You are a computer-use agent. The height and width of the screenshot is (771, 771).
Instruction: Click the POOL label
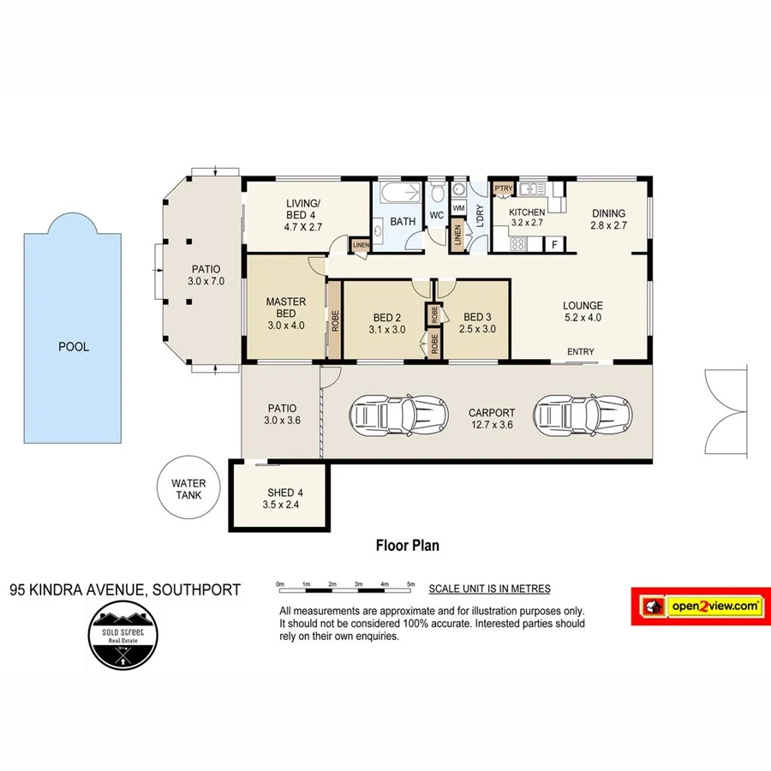coord(74,347)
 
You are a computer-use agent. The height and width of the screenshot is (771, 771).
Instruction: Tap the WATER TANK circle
coord(188,489)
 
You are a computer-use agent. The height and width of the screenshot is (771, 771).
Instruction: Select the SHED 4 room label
coord(280,498)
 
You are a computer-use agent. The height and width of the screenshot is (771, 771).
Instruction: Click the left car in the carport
coord(399,417)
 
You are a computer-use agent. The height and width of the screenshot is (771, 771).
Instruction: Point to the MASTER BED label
coord(285,313)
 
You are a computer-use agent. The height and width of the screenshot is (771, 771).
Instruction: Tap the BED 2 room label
coord(386,322)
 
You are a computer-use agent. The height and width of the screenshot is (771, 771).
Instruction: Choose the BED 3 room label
coord(477,322)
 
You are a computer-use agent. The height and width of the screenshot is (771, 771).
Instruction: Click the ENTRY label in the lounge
coord(580,352)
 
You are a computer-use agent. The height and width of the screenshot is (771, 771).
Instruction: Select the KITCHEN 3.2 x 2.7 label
coord(527,218)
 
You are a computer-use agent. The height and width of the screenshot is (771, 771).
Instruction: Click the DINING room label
coord(607,219)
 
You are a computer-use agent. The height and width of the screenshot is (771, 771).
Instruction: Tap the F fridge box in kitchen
coord(555,245)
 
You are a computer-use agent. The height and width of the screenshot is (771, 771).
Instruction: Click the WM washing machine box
coord(458,207)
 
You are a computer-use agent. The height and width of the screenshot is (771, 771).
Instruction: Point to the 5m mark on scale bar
coord(411,584)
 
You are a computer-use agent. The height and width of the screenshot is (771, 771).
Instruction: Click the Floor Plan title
coord(408,545)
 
